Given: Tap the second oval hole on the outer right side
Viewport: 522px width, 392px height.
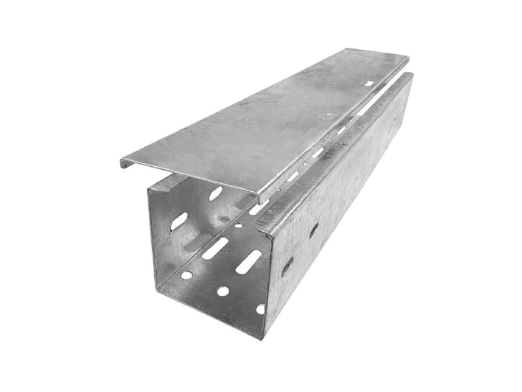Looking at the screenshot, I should [x=314, y=231].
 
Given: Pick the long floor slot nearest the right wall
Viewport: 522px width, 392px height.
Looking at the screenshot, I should [x=250, y=260].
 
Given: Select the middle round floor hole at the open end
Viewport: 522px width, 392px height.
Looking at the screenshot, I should [x=223, y=291].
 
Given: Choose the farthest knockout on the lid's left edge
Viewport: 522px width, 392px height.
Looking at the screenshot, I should [x=305, y=72].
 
